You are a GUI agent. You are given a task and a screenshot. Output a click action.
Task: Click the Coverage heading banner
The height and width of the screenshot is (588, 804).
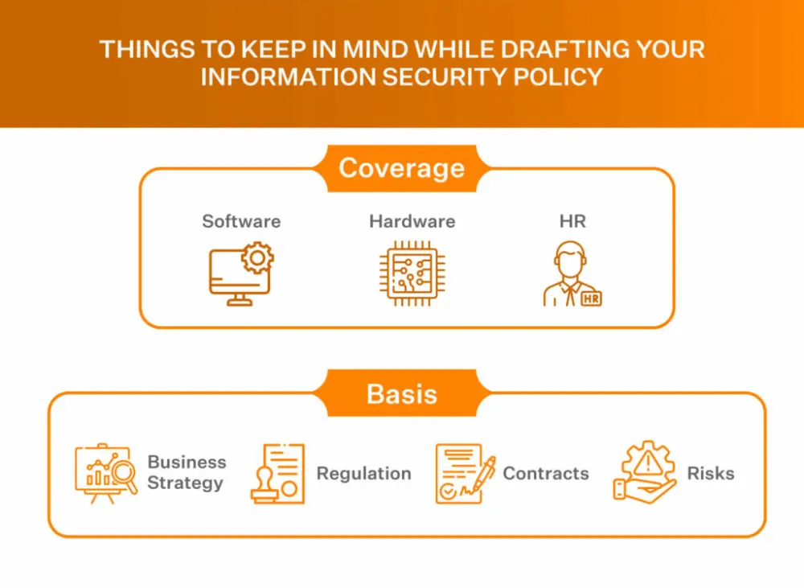[401, 168]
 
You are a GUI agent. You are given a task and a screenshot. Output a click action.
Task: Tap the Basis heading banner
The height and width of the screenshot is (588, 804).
[401, 393]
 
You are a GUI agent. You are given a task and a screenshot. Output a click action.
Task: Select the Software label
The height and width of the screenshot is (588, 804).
[241, 221]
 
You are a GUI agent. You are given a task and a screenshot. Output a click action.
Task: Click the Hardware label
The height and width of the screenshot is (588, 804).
[412, 221]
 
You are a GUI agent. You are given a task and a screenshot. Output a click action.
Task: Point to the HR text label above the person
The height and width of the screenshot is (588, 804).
[572, 221]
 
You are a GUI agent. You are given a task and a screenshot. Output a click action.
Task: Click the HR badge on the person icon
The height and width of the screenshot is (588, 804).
[591, 298]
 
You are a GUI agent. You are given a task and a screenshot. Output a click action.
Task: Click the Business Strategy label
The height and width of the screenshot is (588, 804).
[187, 472]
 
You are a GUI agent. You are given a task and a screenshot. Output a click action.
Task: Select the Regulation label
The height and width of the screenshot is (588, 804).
[363, 473]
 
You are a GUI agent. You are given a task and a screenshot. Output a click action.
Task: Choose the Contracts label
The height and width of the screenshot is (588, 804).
[546, 473]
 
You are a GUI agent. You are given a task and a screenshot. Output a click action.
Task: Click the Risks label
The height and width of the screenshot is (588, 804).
[710, 473]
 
